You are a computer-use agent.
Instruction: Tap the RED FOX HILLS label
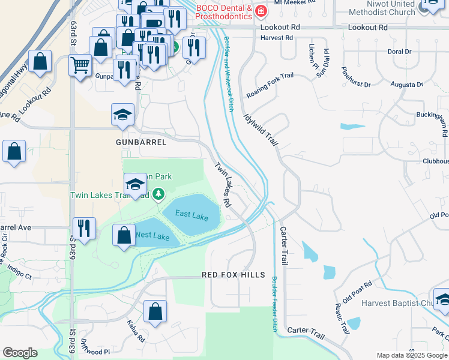point(233,275)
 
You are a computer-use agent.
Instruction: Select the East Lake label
point(191,214)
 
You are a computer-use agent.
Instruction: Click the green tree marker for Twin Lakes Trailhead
point(158,194)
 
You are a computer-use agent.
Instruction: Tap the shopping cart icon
point(80,64)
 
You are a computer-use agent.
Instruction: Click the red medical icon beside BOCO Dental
point(261,11)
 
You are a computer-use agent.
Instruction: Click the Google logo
point(20,353)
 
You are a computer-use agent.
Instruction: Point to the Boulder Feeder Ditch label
point(274,304)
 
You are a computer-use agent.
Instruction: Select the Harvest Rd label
point(276,37)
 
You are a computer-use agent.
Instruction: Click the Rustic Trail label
point(343,317)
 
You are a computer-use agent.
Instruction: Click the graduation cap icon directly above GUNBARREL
point(123,115)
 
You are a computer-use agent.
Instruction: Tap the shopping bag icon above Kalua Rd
point(155,311)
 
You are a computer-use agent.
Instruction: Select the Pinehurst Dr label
point(356,77)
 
